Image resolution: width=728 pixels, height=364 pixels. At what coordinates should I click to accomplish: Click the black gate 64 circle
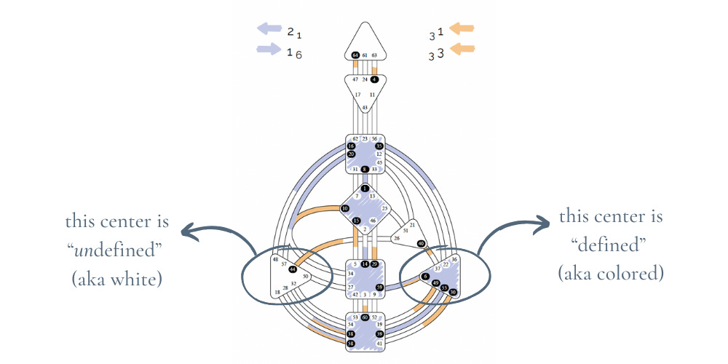[355, 55]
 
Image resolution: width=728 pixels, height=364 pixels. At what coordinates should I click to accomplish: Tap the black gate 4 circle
[374, 79]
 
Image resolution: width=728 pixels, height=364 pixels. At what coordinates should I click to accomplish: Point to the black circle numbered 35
[379, 146]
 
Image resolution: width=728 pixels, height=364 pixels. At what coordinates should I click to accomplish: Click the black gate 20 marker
[351, 154]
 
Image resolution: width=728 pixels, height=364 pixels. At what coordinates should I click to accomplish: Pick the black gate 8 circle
[365, 169]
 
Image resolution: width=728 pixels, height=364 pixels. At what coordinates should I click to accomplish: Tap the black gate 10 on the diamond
[346, 208]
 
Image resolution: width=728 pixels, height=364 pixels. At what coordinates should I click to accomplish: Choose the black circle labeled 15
[356, 221]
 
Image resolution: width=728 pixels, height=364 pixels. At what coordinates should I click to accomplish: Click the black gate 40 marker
[421, 244]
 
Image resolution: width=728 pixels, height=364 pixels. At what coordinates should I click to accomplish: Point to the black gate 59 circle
[379, 288]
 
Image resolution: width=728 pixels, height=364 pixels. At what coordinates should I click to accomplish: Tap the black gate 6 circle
[425, 276]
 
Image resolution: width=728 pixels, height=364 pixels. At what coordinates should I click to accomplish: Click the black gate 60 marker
[365, 317]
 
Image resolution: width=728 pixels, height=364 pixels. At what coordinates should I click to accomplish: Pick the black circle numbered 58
[351, 342]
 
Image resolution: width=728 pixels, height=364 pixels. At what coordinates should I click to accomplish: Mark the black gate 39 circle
[379, 333]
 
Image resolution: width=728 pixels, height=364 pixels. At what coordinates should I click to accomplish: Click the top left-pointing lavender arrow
[269, 29]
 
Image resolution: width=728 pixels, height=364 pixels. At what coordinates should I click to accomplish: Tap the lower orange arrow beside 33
[462, 50]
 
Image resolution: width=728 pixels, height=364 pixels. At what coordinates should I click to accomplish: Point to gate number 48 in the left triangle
[276, 258]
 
